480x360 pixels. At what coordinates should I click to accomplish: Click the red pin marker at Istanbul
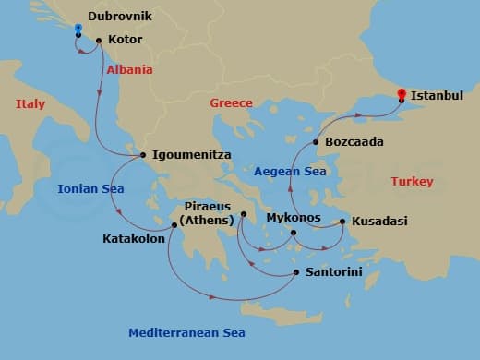point(402,94)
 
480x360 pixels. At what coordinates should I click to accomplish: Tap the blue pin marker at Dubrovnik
point(78,30)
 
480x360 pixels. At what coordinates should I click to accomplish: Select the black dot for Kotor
point(99,40)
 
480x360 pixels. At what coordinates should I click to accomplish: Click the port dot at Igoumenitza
point(141,155)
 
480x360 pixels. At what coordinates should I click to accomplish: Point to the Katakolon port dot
point(173,225)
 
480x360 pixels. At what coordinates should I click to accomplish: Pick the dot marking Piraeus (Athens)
point(243,215)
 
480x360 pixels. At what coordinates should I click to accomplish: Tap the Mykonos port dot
point(294,233)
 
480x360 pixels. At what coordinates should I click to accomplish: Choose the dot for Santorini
point(295,271)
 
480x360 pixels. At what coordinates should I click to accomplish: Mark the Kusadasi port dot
point(342,222)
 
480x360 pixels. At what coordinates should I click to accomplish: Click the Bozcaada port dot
point(316,142)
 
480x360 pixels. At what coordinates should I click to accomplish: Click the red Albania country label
point(129,70)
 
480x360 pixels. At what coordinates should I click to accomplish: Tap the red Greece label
point(231,103)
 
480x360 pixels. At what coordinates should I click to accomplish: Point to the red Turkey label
point(412,182)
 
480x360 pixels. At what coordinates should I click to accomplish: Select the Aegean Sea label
point(290,172)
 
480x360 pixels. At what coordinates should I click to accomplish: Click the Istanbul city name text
point(437,95)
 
